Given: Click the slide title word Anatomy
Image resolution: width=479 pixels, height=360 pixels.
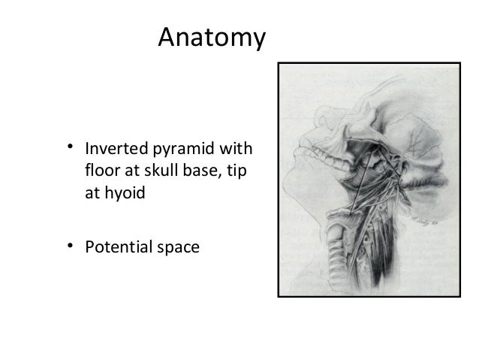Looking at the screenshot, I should [211, 37].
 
